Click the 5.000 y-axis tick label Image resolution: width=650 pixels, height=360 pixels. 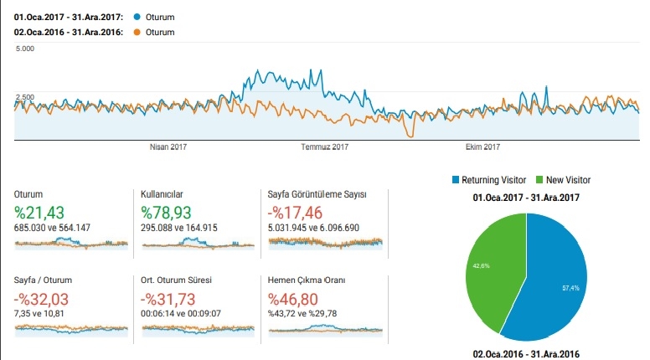24,49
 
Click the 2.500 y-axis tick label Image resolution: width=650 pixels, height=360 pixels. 24,97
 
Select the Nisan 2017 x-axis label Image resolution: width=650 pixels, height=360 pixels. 168,147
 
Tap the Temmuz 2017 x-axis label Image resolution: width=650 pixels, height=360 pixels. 324,147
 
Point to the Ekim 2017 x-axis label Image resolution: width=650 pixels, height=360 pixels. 482,147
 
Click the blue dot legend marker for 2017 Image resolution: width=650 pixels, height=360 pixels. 137,16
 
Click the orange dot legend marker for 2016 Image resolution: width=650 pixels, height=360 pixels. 137,33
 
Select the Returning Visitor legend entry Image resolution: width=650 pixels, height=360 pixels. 493,180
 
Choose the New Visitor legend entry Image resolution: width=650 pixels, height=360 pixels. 567,180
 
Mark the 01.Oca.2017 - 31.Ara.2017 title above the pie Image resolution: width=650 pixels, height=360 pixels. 526,198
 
